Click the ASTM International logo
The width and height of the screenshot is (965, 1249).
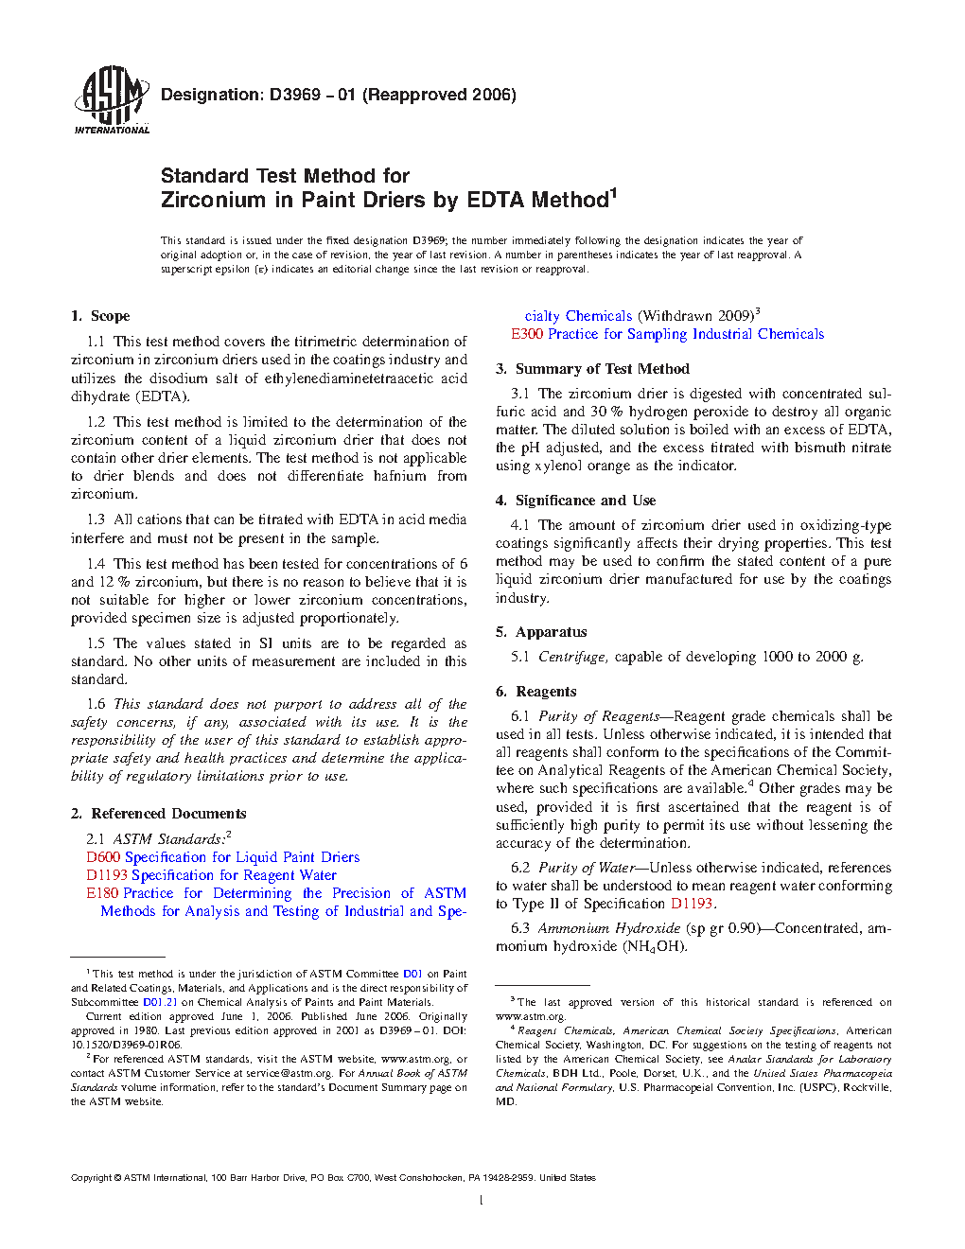tap(111, 99)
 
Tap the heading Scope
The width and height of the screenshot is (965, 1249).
tap(110, 316)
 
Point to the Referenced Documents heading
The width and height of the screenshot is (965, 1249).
tap(168, 814)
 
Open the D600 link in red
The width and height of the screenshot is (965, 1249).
tap(103, 857)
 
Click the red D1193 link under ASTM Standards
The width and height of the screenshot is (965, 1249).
tap(107, 875)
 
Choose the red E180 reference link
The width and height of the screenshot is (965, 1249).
tap(102, 893)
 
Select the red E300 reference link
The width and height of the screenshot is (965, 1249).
tap(527, 334)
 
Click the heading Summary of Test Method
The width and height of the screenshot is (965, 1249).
tap(602, 369)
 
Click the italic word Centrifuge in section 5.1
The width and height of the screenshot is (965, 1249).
tap(572, 657)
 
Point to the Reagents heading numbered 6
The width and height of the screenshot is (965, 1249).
tap(546, 692)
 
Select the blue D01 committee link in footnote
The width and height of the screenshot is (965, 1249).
tap(412, 974)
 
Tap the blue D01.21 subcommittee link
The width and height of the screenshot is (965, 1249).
tap(160, 1002)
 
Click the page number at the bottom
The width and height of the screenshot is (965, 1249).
tap(482, 1201)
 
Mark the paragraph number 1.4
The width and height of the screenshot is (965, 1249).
tap(96, 564)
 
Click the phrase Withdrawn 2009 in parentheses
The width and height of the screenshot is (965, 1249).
tap(695, 316)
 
